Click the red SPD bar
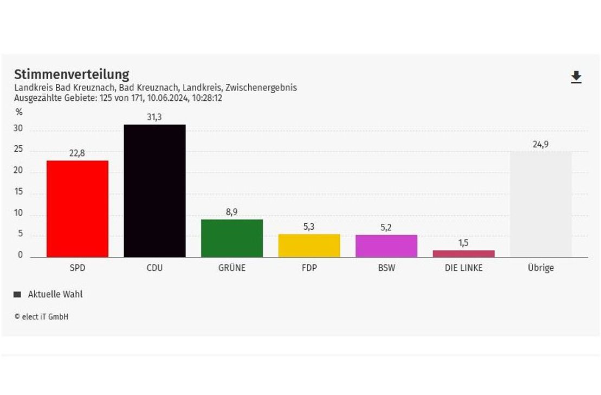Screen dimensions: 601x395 point(77,209)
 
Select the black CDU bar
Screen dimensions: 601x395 point(154,191)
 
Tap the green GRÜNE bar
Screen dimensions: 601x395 point(232,238)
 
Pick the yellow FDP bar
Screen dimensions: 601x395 point(309,246)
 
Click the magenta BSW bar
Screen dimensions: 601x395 point(386,246)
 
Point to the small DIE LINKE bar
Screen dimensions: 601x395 point(463,254)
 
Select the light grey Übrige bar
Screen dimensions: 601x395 point(541,204)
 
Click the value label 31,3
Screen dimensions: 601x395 point(154,117)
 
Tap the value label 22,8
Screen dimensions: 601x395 point(77,153)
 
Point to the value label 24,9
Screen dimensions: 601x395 point(541,144)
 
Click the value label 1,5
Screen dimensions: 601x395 point(463,243)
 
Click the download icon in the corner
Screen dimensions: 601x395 point(576,77)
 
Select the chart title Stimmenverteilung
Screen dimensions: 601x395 point(72,74)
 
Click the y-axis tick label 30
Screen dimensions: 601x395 point(18,129)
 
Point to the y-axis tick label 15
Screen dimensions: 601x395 point(18,192)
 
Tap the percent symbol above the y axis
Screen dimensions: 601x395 point(19,113)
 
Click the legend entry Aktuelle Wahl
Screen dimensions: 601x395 point(55,294)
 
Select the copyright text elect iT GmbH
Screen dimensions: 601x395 point(42,317)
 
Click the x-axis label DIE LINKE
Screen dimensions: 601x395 point(463,268)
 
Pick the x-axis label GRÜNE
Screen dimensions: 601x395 point(231,268)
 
